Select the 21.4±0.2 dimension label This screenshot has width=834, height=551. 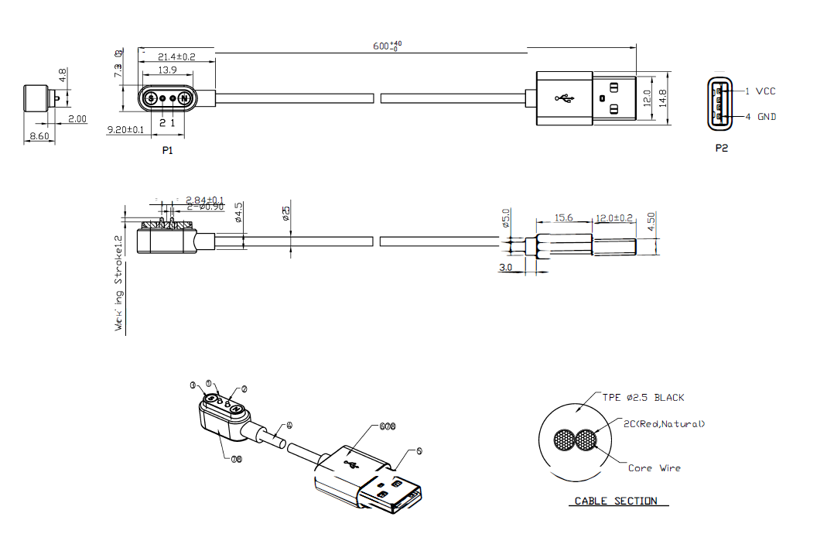pyautogui.click(x=176, y=57)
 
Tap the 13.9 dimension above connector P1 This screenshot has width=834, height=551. pyautogui.click(x=166, y=70)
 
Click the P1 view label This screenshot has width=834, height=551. pyautogui.click(x=168, y=150)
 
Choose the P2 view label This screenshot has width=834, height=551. pyautogui.click(x=721, y=148)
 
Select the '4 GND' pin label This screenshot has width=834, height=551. pyautogui.click(x=761, y=117)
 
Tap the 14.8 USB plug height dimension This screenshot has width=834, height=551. pyautogui.click(x=662, y=98)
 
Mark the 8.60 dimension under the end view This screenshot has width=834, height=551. pyautogui.click(x=39, y=136)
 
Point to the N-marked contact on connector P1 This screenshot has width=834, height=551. pyautogui.click(x=183, y=98)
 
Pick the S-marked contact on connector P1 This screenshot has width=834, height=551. pyautogui.click(x=151, y=98)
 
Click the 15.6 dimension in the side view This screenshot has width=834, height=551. pyautogui.click(x=564, y=218)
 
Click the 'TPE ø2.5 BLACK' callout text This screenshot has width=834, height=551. pyautogui.click(x=644, y=398)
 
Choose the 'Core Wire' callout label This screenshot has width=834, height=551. pyautogui.click(x=655, y=468)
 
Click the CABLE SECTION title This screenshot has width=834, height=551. pyautogui.click(x=616, y=501)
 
